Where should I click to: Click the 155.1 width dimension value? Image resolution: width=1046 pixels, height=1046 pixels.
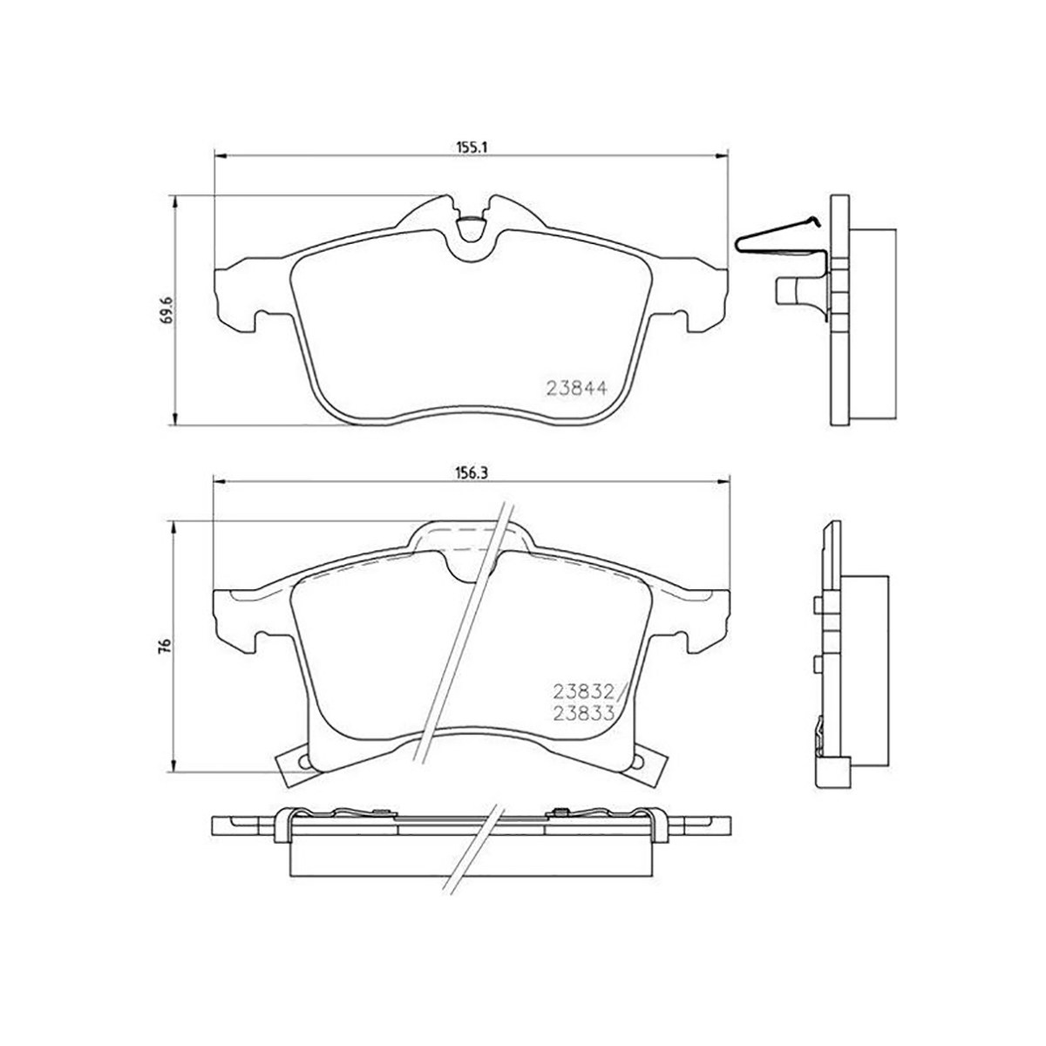tap(472, 146)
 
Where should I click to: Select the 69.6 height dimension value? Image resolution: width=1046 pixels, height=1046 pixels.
tap(167, 309)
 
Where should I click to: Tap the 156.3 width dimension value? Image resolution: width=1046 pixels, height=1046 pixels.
tap(472, 472)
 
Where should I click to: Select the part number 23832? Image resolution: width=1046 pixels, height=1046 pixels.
tap(582, 691)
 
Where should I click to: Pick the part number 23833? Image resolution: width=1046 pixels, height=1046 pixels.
tap(583, 713)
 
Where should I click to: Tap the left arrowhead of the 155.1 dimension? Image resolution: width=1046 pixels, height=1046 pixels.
tap(221, 156)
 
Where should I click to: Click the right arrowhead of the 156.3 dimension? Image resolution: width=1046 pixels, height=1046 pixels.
tap(723, 481)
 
